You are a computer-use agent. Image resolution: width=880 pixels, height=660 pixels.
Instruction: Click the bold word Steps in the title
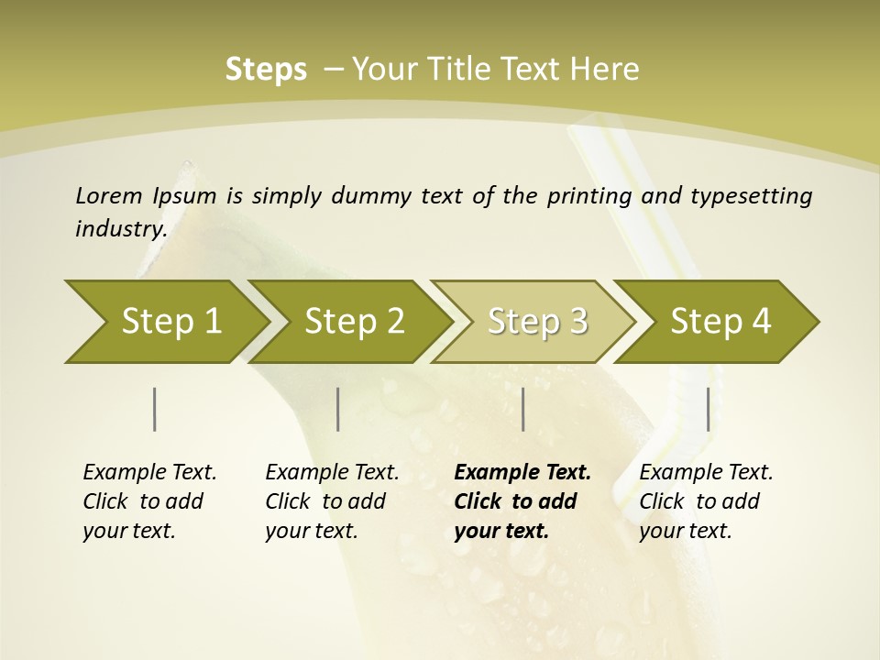coord(266,70)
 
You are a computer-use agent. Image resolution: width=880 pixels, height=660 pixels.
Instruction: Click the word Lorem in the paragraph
coord(108,195)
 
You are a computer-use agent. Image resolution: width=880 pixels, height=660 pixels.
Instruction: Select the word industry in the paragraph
coord(121,228)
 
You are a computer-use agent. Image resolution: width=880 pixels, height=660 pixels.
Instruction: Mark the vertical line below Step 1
coord(155,409)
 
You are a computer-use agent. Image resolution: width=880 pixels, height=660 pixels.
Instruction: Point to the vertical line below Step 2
coord(338,409)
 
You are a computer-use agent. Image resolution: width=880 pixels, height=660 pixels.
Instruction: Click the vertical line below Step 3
coord(522,409)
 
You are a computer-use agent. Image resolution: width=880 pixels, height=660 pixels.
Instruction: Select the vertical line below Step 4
coord(708,409)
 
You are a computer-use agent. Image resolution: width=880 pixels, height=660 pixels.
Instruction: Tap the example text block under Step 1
coord(149,501)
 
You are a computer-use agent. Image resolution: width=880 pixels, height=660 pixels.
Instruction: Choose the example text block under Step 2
coord(332,501)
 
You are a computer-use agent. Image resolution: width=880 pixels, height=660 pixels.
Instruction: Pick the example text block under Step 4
coord(706,501)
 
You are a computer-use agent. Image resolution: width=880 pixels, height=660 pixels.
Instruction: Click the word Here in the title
coord(604,70)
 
